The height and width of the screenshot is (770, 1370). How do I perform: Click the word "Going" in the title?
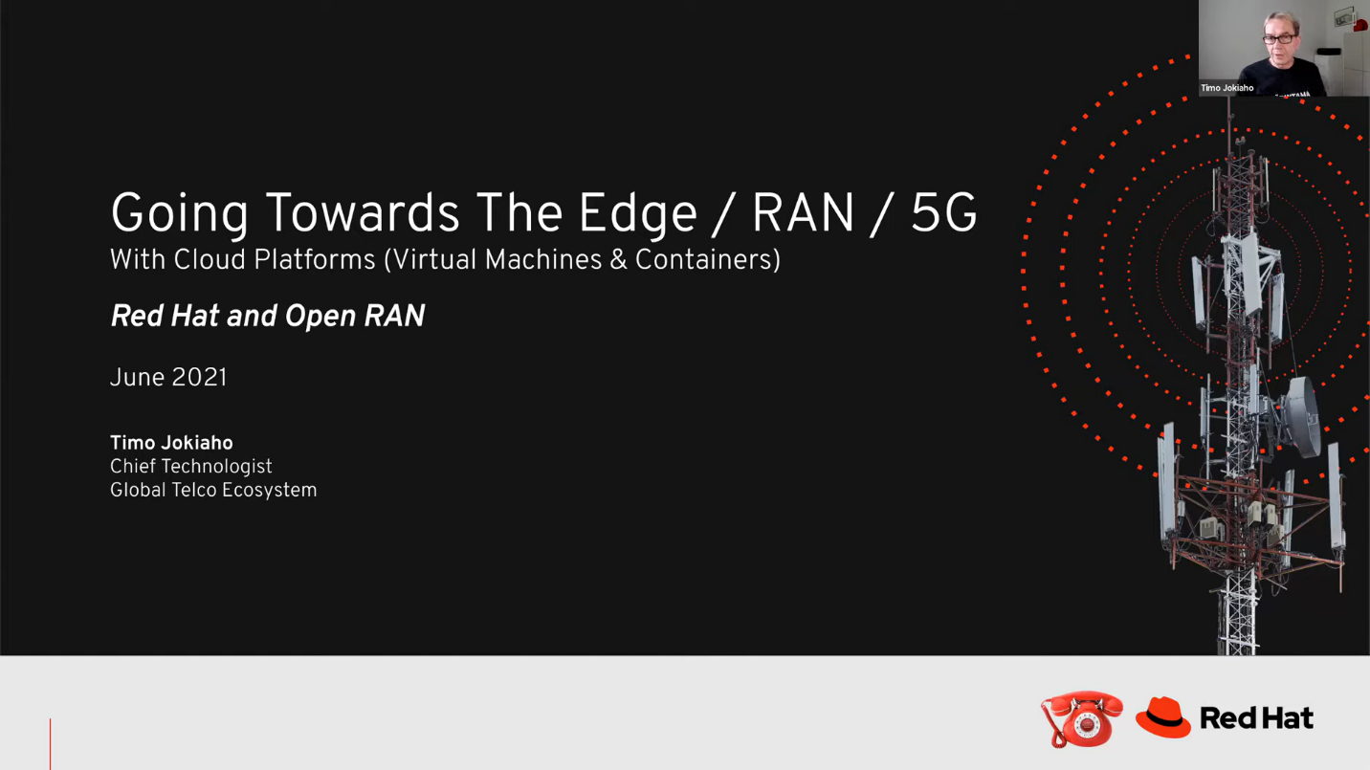pyautogui.click(x=179, y=214)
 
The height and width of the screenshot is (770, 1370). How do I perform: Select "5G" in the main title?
pyautogui.click(x=943, y=214)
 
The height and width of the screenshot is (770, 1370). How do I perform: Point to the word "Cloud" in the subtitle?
pyautogui.click(x=208, y=260)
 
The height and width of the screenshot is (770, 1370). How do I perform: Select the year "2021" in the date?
pyautogui.click(x=199, y=378)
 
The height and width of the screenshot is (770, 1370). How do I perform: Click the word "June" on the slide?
pyautogui.click(x=138, y=378)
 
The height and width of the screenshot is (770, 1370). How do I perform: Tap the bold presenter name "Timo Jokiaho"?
pyautogui.click(x=171, y=443)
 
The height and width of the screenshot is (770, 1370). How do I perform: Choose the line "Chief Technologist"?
pyautogui.click(x=191, y=467)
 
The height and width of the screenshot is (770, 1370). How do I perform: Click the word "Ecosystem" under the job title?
pyautogui.click(x=269, y=491)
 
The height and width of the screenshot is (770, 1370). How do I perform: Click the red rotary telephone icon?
pyautogui.click(x=1083, y=718)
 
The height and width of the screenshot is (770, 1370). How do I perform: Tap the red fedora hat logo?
pyautogui.click(x=1163, y=717)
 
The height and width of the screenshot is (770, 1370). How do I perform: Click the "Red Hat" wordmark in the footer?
pyautogui.click(x=1256, y=718)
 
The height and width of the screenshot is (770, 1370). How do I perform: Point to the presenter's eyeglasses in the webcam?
pyautogui.click(x=1279, y=39)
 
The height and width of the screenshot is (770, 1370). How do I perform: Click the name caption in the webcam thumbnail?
pyautogui.click(x=1227, y=88)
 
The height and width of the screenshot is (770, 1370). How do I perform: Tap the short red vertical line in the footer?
pyautogui.click(x=50, y=743)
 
